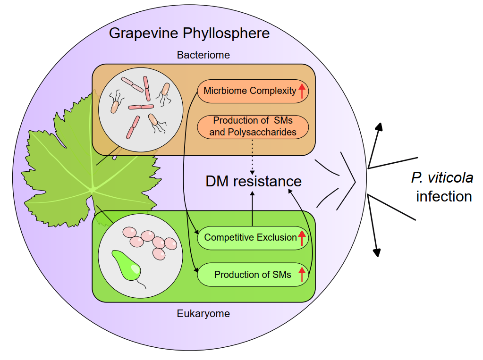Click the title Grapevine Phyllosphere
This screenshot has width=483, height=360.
coord(189,33)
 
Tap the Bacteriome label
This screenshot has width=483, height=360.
coord(203,55)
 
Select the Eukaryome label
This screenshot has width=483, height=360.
coord(203,313)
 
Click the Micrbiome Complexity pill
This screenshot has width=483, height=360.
coord(250,91)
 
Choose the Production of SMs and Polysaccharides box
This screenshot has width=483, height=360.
coord(253,126)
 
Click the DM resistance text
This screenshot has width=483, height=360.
coord(253,181)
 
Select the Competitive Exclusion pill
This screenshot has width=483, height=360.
coord(250,237)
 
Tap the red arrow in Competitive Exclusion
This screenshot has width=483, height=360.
coord(302,237)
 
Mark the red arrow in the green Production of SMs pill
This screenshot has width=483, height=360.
coord(302,274)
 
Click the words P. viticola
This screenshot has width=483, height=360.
coord(442,178)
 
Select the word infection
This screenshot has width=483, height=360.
coord(444,196)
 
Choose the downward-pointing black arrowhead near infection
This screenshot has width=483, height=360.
coord(377,252)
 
